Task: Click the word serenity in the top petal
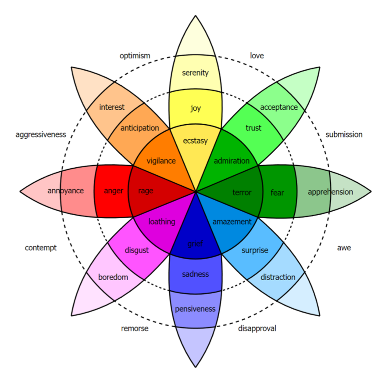point(195,73)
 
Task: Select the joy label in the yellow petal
point(195,108)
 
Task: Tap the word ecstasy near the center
point(195,141)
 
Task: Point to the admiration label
point(232,161)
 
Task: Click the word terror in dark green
point(242,192)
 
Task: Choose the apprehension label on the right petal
point(330,192)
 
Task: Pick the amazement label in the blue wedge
point(232,222)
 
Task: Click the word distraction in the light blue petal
point(278,277)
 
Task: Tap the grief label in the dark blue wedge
point(195,244)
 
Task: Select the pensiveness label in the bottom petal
point(195,309)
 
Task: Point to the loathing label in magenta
point(162,222)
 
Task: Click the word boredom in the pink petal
point(113,277)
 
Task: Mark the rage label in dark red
point(146,191)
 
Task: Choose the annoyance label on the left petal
point(65,191)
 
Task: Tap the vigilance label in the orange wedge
point(161,161)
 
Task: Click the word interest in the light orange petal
point(112,107)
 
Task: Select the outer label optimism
point(135,56)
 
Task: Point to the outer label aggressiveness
point(41,134)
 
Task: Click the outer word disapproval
point(257,328)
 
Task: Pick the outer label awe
point(344,248)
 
